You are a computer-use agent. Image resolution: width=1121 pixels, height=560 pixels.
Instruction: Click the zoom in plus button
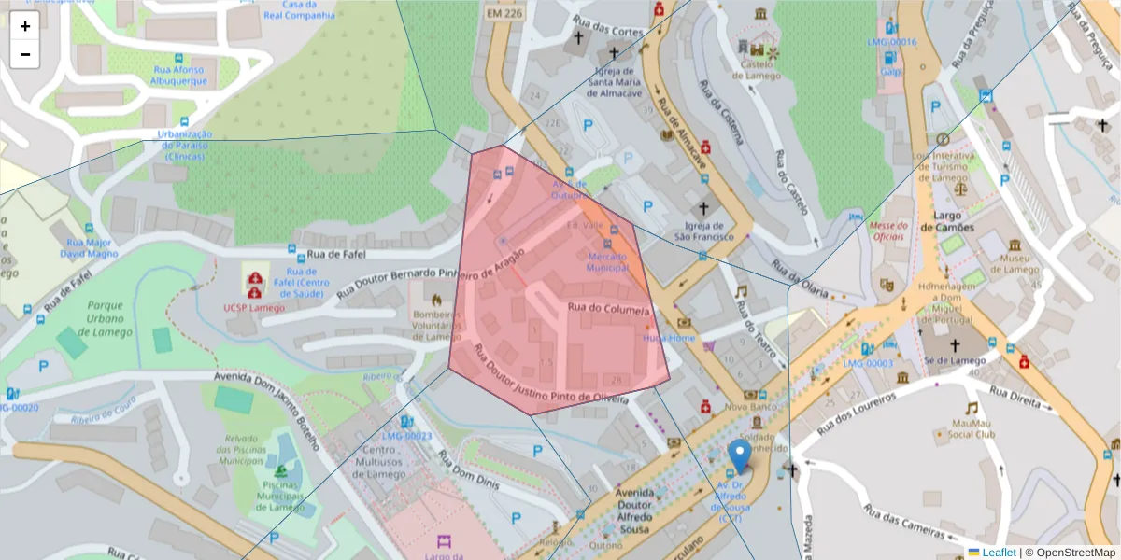[x=25, y=26]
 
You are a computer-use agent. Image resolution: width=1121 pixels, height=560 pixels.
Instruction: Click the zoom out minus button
[x=25, y=54]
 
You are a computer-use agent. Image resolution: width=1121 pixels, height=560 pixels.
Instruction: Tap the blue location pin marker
[x=740, y=456]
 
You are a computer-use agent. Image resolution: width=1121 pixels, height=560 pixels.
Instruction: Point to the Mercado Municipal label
[x=606, y=261]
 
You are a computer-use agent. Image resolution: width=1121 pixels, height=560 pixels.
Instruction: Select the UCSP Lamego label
[x=254, y=308]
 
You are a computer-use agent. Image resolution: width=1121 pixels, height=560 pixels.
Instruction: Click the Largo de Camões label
[x=947, y=221]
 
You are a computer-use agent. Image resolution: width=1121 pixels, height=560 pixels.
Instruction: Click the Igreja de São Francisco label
[x=704, y=231]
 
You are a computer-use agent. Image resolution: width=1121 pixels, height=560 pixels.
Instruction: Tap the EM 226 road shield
[x=504, y=14]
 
